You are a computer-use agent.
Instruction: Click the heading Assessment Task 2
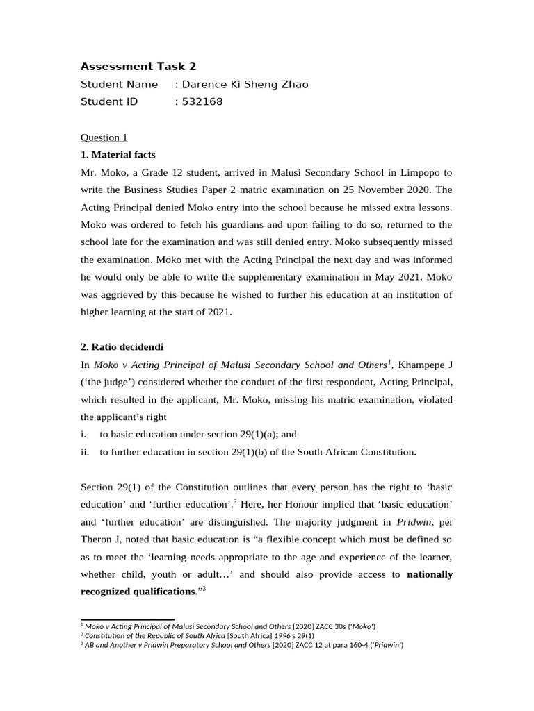[x=138, y=67]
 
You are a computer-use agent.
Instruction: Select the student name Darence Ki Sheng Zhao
[x=245, y=85]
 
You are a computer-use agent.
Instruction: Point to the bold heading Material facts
[x=124, y=154]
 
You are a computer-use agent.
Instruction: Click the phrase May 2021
[x=381, y=277]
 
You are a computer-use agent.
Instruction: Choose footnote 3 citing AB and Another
[x=243, y=644]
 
